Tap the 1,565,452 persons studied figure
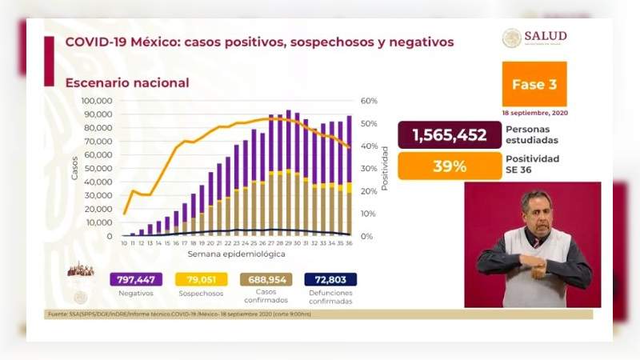pyautogui.click(x=449, y=135)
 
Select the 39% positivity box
pyautogui.click(x=449, y=166)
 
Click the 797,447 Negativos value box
pyautogui.click(x=136, y=279)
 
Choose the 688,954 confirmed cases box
pyautogui.click(x=266, y=279)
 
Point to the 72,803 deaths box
pyautogui.click(x=330, y=279)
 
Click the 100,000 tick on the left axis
pyautogui.click(x=98, y=101)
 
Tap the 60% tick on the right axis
pyautogui.click(x=369, y=101)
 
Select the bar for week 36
pyautogui.click(x=349, y=176)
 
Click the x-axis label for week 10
pyautogui.click(x=124, y=243)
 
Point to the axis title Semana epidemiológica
pyautogui.click(x=236, y=254)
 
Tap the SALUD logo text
pyautogui.click(x=546, y=36)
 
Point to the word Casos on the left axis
pyautogui.click(x=74, y=166)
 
